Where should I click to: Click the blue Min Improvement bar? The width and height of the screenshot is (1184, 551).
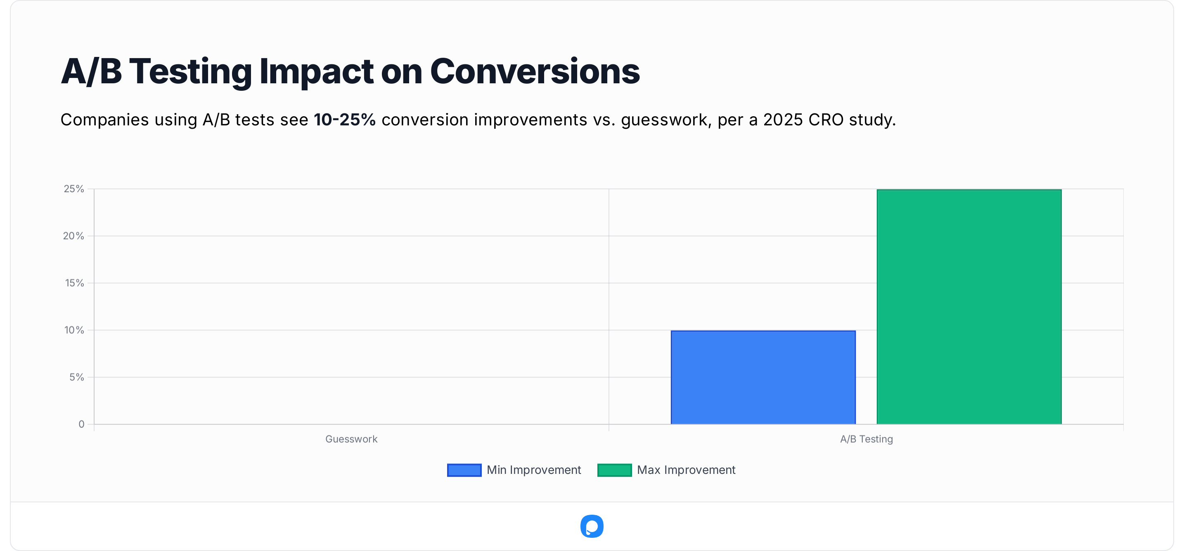click(763, 377)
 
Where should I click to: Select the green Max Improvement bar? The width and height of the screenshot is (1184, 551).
click(969, 307)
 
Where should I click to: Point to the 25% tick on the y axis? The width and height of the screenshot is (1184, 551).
click(74, 189)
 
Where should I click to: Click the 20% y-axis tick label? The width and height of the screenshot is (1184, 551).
click(73, 236)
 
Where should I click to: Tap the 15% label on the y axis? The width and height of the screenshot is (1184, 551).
click(74, 283)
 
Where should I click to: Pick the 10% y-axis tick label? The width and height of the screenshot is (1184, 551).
click(74, 330)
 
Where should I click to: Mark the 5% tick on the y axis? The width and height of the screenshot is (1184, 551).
click(77, 377)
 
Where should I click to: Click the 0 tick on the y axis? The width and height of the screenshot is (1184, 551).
click(81, 424)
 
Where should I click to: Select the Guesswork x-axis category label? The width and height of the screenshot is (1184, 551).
click(351, 439)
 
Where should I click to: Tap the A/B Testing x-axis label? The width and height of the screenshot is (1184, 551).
click(867, 439)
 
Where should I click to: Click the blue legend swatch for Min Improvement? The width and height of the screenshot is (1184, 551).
click(464, 470)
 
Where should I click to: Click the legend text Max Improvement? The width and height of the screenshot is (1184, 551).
click(686, 470)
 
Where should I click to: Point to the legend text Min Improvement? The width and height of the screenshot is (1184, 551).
click(534, 470)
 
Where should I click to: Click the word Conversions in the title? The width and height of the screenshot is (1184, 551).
click(535, 72)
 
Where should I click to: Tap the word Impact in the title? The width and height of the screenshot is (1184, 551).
click(316, 72)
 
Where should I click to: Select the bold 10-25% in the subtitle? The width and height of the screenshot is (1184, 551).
click(345, 120)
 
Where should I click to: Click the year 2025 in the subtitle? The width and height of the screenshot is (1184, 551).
click(783, 120)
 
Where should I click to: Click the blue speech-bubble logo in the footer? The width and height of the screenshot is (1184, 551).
click(592, 526)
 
